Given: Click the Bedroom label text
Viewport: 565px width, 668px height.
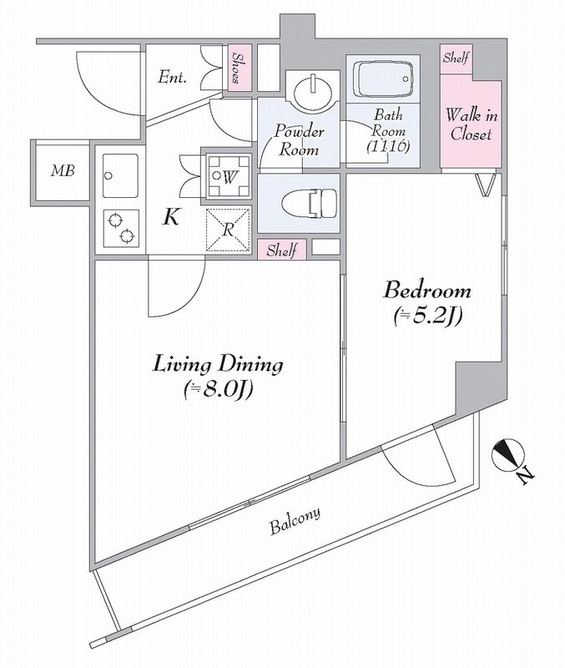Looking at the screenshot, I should point(427,291).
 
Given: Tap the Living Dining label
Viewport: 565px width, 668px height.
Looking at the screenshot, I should point(218,364).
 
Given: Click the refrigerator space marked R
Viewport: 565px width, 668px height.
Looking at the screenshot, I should point(228,228).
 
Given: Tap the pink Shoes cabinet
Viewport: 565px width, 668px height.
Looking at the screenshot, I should point(237,68).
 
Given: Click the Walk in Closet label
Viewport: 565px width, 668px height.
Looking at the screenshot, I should point(470,124).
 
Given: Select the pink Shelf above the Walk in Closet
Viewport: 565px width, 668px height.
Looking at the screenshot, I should point(456,59).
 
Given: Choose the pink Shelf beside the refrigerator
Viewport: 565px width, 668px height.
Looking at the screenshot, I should point(282,249).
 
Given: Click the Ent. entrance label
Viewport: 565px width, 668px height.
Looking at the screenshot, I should point(172,78).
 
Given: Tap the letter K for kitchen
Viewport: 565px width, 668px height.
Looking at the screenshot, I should point(170,218).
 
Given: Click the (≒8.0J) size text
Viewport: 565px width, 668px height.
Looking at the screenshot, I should point(218,388).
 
